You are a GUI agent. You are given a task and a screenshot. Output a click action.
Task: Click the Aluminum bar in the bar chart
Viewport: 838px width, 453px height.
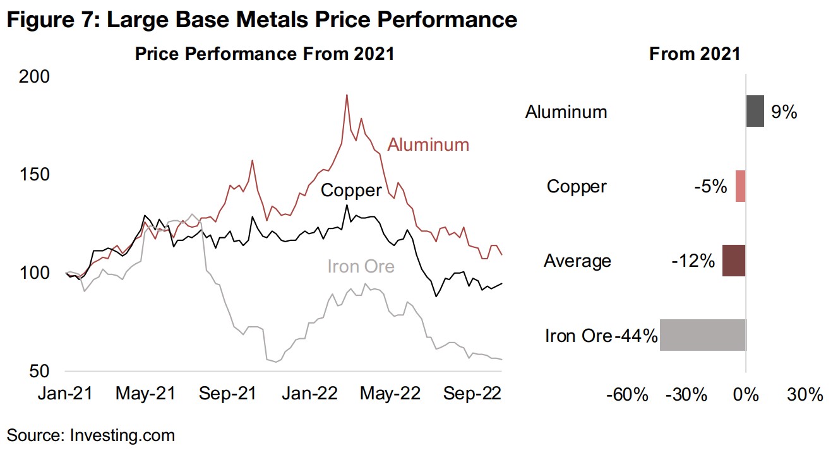[x=755, y=111]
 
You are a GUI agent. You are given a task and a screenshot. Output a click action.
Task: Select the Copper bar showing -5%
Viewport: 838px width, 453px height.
[x=740, y=186]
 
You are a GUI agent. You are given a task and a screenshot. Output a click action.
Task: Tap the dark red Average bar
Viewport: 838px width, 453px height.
[x=734, y=261]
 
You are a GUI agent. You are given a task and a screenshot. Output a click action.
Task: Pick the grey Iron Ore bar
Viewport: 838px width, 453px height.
[x=703, y=335]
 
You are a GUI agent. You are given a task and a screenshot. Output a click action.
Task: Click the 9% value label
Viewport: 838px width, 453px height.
[x=784, y=113]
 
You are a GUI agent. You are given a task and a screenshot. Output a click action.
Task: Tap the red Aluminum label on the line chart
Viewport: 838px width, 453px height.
[x=428, y=144]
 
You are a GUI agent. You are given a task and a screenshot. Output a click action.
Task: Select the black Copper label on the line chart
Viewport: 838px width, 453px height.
[x=351, y=190]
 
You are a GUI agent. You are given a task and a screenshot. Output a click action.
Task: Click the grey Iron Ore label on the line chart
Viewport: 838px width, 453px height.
[x=361, y=266]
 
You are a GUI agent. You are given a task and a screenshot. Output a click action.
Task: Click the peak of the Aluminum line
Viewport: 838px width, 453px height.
[x=347, y=95]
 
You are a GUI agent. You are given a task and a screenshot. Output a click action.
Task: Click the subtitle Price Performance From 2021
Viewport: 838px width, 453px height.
[x=265, y=54]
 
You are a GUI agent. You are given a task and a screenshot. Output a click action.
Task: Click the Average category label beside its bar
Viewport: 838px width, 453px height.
[x=577, y=261]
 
